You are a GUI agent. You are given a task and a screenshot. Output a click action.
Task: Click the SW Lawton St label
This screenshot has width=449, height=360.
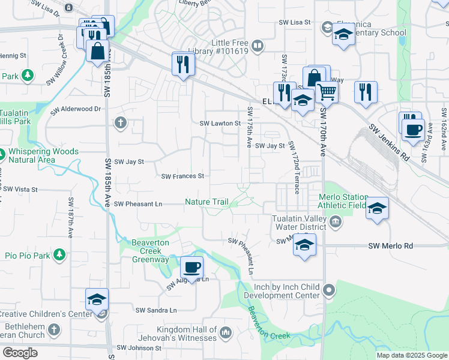220,123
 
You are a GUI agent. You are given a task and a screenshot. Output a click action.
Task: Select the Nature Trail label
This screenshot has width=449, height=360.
206,202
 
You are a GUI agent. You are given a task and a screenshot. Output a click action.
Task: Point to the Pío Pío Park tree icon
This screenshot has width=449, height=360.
59,255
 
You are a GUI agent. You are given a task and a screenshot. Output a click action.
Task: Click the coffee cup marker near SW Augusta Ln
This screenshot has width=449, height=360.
191,266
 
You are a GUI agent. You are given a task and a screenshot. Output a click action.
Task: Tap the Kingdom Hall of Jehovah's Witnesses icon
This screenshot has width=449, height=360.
226,332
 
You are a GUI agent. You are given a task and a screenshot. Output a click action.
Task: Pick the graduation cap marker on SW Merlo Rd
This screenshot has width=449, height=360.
304,245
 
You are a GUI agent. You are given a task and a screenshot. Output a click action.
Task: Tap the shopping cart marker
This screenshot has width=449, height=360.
327,92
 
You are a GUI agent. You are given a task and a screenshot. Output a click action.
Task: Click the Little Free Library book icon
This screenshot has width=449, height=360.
258,46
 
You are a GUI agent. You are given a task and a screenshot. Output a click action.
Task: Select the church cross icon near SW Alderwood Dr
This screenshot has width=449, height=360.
121,123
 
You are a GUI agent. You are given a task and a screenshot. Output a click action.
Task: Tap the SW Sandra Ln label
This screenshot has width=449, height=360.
156,310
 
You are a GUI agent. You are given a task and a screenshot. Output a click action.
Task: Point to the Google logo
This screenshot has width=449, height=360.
20,353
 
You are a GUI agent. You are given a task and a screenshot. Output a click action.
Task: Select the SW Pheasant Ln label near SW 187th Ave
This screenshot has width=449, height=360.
138,204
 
